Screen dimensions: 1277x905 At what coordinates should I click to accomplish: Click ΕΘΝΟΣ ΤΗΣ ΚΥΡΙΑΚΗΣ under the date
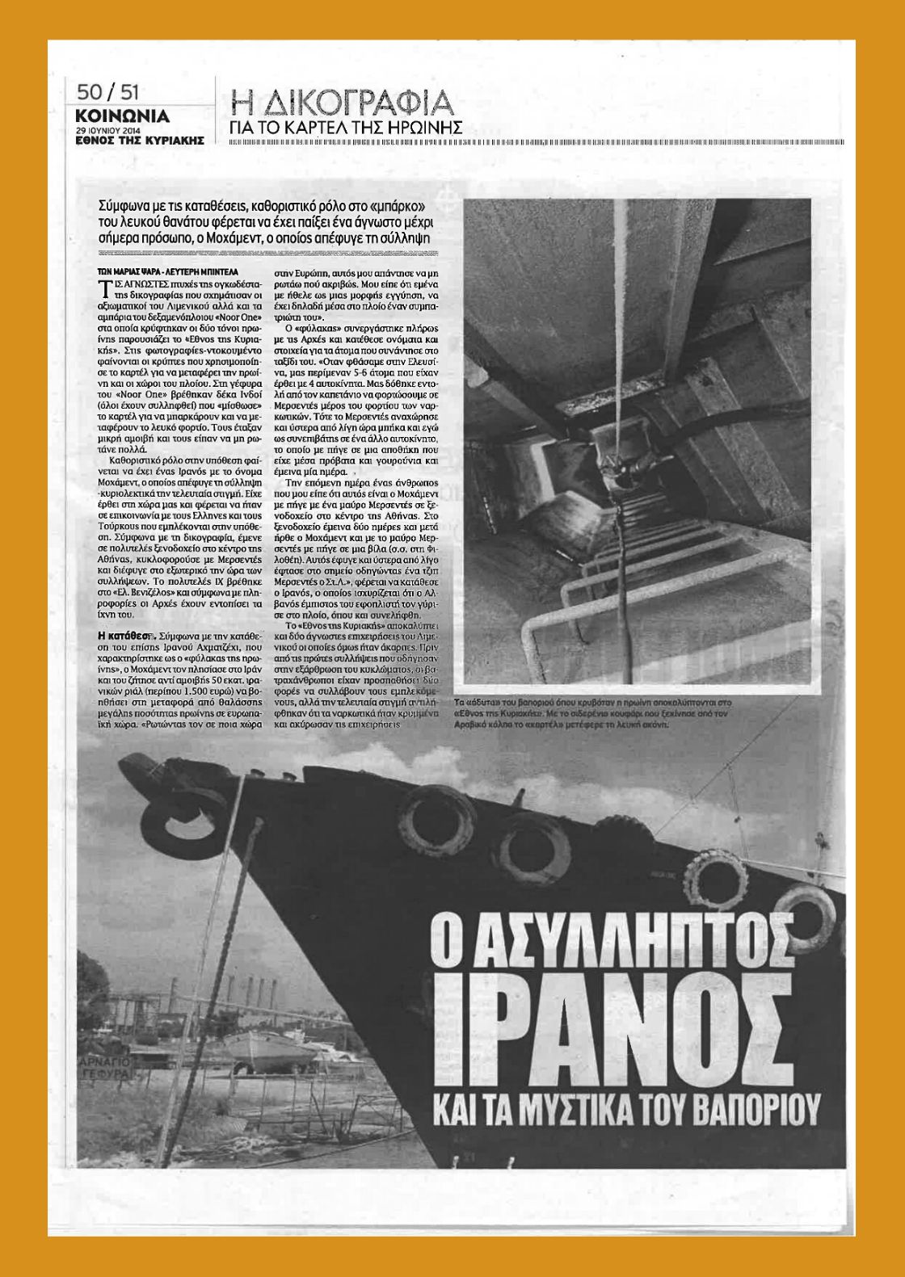pyautogui.click(x=139, y=140)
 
